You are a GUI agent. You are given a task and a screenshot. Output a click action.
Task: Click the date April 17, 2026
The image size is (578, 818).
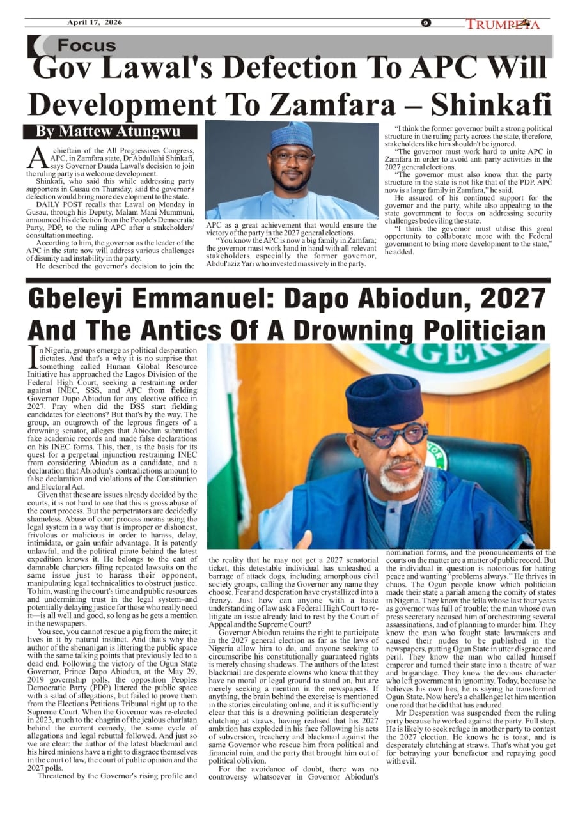[95, 23]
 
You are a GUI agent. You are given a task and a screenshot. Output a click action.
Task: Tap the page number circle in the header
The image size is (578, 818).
[426, 24]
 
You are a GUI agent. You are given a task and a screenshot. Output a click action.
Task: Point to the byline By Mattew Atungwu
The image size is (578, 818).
[108, 132]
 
